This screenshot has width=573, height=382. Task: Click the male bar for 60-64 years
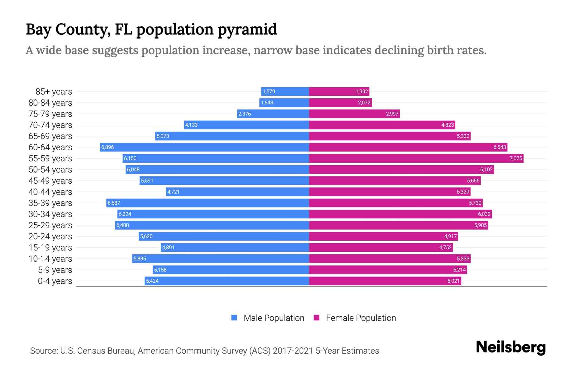[x=204, y=147]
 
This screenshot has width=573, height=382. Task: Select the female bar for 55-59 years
[x=416, y=158]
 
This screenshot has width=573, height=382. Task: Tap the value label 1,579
[x=269, y=91]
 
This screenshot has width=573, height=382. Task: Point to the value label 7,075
[x=516, y=158]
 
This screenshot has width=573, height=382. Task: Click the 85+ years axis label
[x=54, y=92]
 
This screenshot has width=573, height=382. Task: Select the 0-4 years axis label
[x=55, y=281]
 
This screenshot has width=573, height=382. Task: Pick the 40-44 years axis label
[x=50, y=192]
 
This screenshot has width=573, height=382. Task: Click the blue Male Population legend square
[x=234, y=318]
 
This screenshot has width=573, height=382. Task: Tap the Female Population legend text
[x=361, y=318]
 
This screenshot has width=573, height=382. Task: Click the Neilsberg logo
[x=511, y=347]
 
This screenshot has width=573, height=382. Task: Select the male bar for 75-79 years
[x=273, y=114]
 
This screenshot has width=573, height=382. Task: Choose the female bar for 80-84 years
[x=340, y=103]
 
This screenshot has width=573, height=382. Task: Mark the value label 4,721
[x=173, y=192]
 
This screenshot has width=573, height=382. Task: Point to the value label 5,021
[x=453, y=281]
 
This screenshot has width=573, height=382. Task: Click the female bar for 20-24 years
[x=383, y=236]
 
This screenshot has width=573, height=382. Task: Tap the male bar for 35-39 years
[x=208, y=203]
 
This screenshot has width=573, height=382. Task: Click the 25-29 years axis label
[x=50, y=225]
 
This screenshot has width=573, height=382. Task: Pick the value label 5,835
[x=140, y=258]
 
